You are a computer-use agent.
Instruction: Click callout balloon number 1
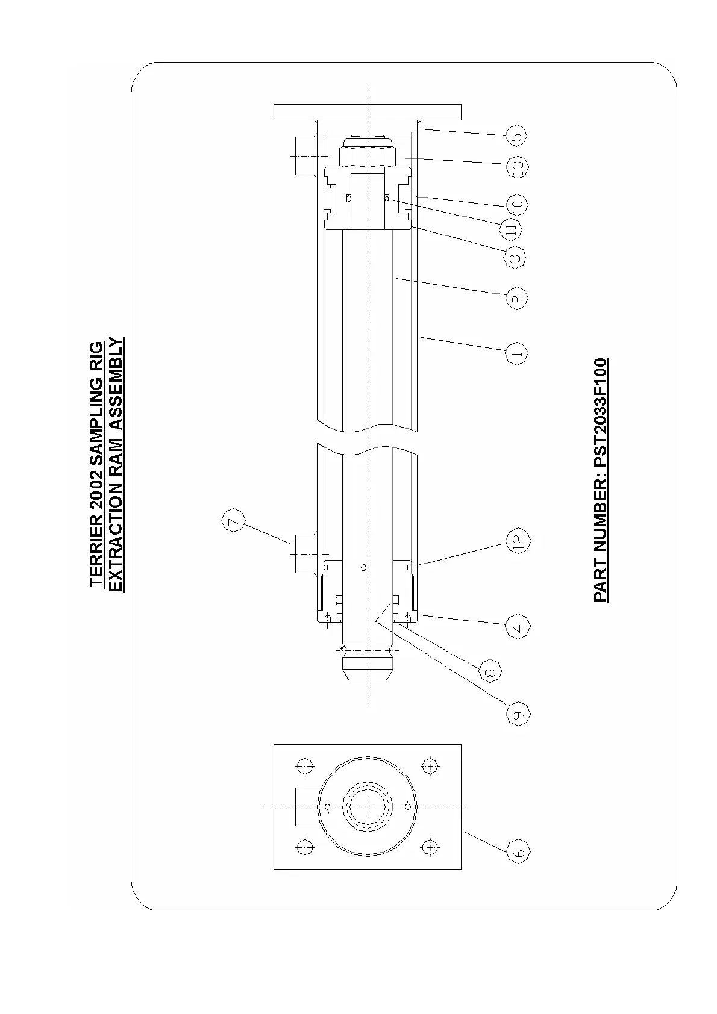coord(517,353)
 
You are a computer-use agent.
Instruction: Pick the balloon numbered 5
coord(516,135)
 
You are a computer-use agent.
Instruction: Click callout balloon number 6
coord(518,853)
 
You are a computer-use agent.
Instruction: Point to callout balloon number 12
coord(518,540)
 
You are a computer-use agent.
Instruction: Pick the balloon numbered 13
coord(517,166)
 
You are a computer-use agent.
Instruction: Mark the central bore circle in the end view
coord(367,807)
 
